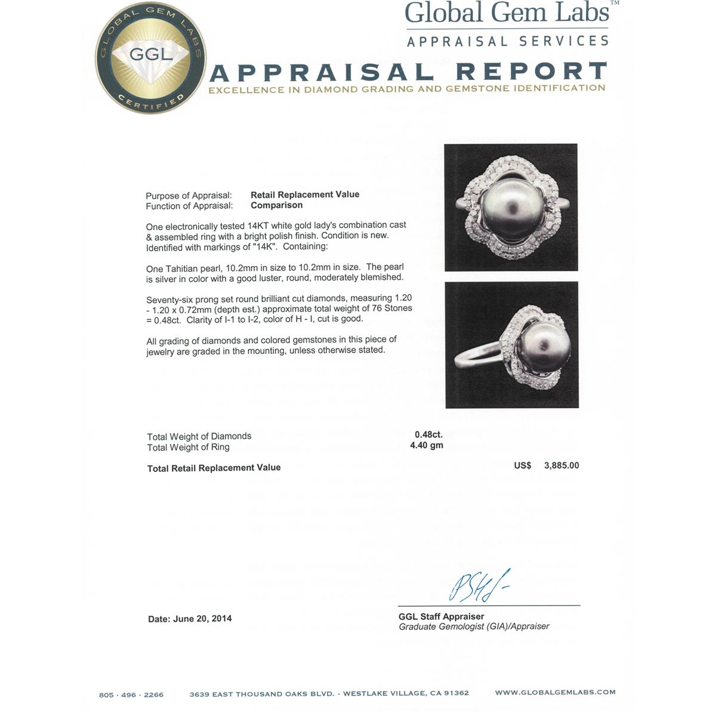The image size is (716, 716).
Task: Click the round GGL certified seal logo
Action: (150, 58)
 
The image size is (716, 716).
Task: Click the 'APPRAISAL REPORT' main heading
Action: (408, 72)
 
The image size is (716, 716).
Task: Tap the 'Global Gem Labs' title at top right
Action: (507, 13)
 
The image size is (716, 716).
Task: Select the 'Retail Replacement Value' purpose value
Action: (305, 195)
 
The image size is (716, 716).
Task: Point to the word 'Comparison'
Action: (276, 205)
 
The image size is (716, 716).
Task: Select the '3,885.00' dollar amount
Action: (561, 465)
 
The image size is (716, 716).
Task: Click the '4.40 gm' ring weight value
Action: (427, 446)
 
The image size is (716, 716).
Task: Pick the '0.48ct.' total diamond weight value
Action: (428, 435)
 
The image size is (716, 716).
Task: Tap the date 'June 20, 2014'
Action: (202, 619)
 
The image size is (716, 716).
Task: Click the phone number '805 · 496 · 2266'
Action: (131, 695)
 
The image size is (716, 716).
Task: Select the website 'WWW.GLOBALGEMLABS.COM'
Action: (555, 692)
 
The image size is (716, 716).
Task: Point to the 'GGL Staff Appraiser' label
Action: (442, 616)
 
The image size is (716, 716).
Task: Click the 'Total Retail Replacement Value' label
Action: (214, 468)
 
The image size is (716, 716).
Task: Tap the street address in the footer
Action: (329, 693)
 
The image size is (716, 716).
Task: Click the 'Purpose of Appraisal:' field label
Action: (189, 196)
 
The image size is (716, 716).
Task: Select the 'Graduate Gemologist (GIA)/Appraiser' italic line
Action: (474, 626)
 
